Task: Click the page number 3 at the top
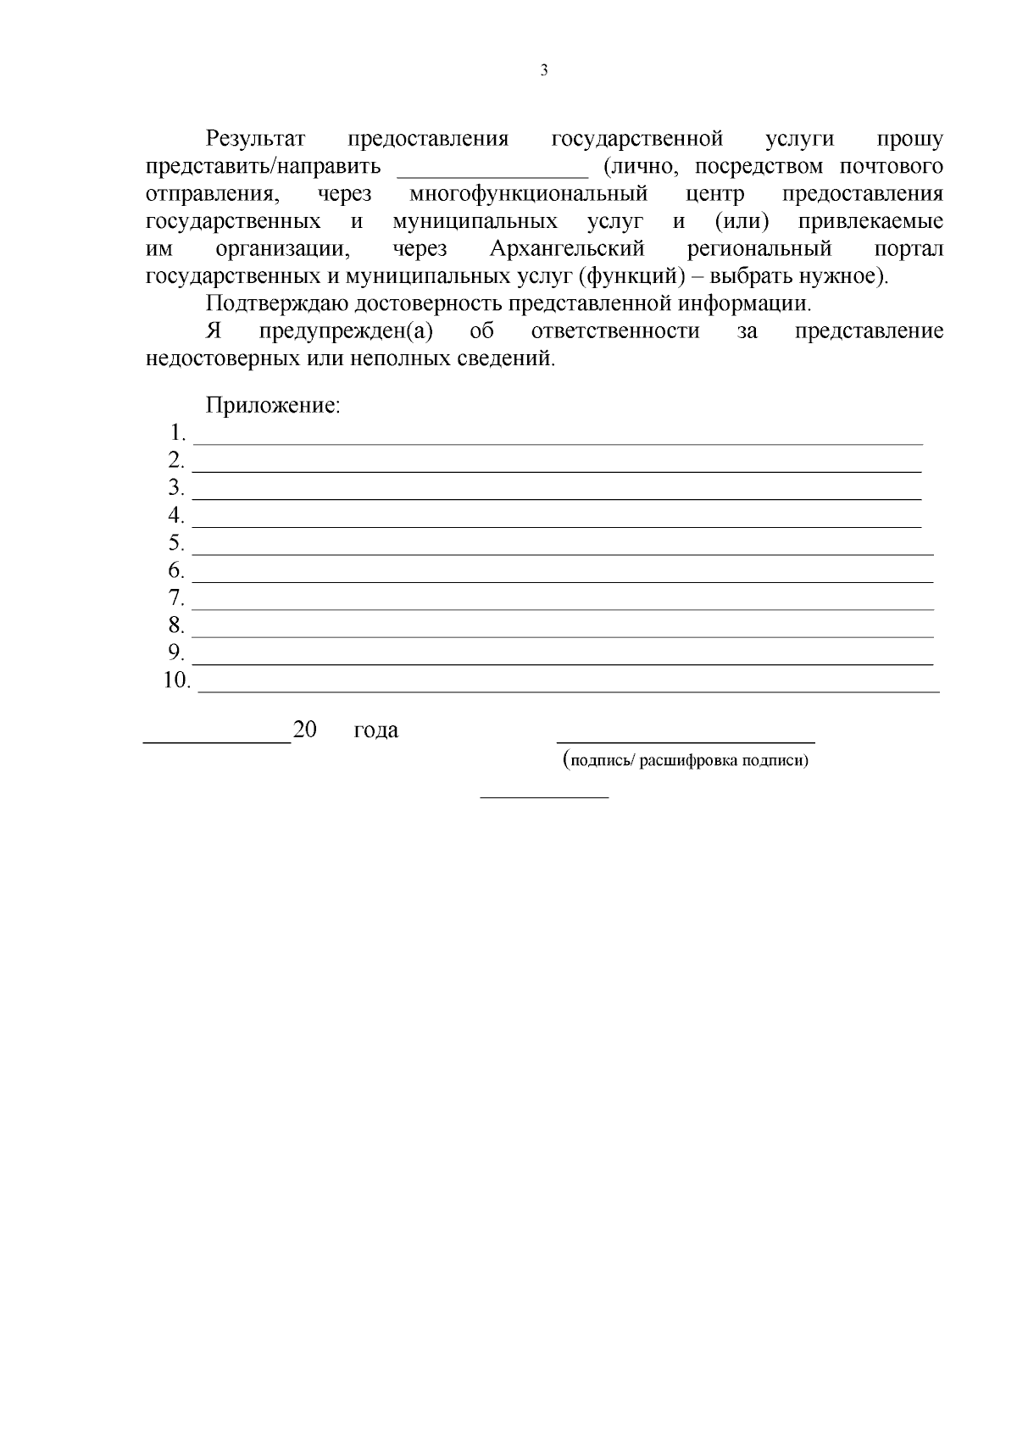tap(543, 71)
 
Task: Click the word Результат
tap(255, 139)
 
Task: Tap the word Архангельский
tap(567, 250)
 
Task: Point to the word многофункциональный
tap(528, 195)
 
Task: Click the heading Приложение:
tap(273, 406)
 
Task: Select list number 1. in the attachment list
tap(177, 434)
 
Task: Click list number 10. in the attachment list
tap(176, 680)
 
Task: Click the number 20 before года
tap(304, 730)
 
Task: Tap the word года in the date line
tap(375, 730)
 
